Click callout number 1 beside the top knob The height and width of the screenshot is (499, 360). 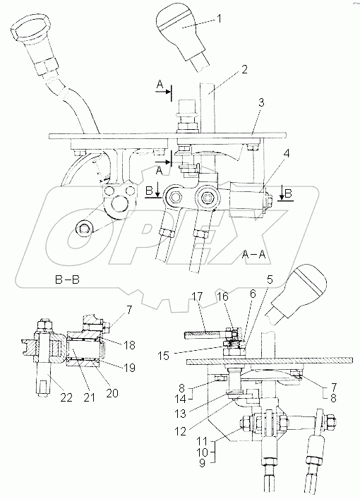point(219,19)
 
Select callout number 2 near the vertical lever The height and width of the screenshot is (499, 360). point(244,70)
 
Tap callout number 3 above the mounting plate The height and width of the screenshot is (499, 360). point(261,103)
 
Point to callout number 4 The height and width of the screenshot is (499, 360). point(287,154)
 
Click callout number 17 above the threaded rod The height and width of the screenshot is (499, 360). point(197,297)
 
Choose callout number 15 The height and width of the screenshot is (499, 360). point(164,355)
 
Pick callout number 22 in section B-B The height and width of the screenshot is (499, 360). point(66,397)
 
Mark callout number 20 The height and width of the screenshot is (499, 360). point(112,393)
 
